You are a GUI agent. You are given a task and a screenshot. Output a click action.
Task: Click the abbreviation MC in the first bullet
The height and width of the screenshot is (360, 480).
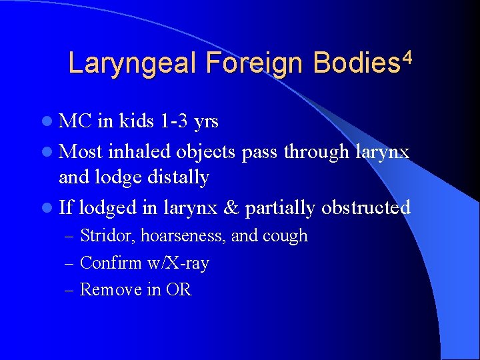click(x=75, y=122)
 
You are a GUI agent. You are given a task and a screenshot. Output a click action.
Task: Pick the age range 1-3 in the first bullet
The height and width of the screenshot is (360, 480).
click(x=175, y=122)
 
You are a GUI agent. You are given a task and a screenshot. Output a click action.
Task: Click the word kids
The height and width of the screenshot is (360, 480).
click(x=137, y=122)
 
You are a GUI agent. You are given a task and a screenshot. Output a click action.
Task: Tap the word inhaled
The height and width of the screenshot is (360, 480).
click(x=139, y=151)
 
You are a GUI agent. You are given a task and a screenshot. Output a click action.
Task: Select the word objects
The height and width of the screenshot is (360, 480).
click(x=205, y=152)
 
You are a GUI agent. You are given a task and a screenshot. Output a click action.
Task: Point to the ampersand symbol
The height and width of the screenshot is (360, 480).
click(x=231, y=207)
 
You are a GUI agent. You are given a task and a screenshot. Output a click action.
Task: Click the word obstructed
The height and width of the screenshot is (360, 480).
click(x=365, y=207)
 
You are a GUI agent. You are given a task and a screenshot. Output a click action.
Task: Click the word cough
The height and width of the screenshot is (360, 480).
click(x=285, y=236)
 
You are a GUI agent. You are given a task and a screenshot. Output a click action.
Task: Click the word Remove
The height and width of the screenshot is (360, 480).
click(x=105, y=290)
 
